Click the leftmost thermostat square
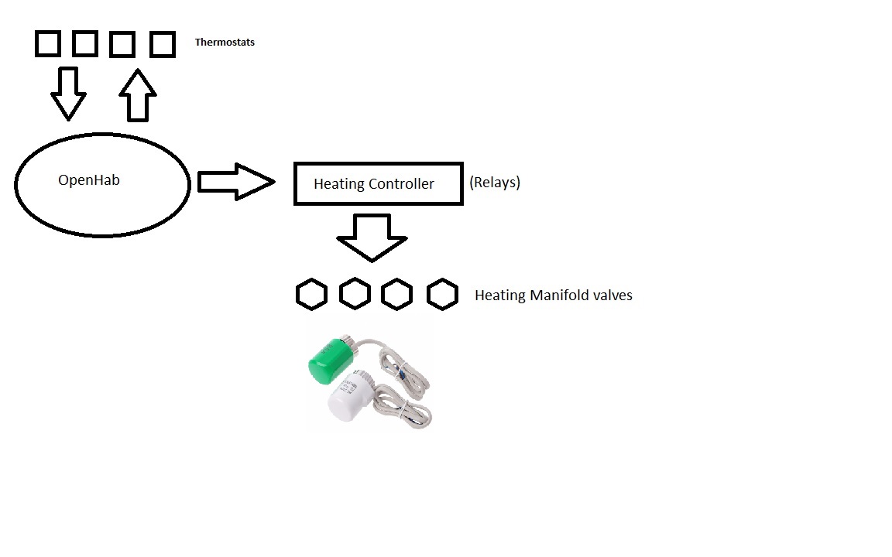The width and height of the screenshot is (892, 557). pos(48,44)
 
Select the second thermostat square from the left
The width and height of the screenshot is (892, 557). pos(85,44)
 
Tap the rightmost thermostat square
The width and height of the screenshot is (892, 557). pos(162,44)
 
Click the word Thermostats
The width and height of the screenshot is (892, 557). pos(225,43)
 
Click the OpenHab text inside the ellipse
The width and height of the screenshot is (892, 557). pos(89,180)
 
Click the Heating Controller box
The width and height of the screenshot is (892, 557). pos(378,183)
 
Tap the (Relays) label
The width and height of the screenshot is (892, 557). pos(495,183)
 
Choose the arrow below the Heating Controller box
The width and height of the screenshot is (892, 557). pos(372,237)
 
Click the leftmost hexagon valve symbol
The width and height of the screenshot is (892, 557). pos(311,295)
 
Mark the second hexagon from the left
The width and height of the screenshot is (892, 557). pos(355,294)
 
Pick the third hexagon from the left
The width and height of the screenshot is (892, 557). pos(397,295)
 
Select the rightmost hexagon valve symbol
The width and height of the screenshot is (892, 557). pos(442,295)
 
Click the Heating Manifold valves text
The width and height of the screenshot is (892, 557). pos(553,296)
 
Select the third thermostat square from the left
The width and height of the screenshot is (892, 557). pos(122,44)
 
